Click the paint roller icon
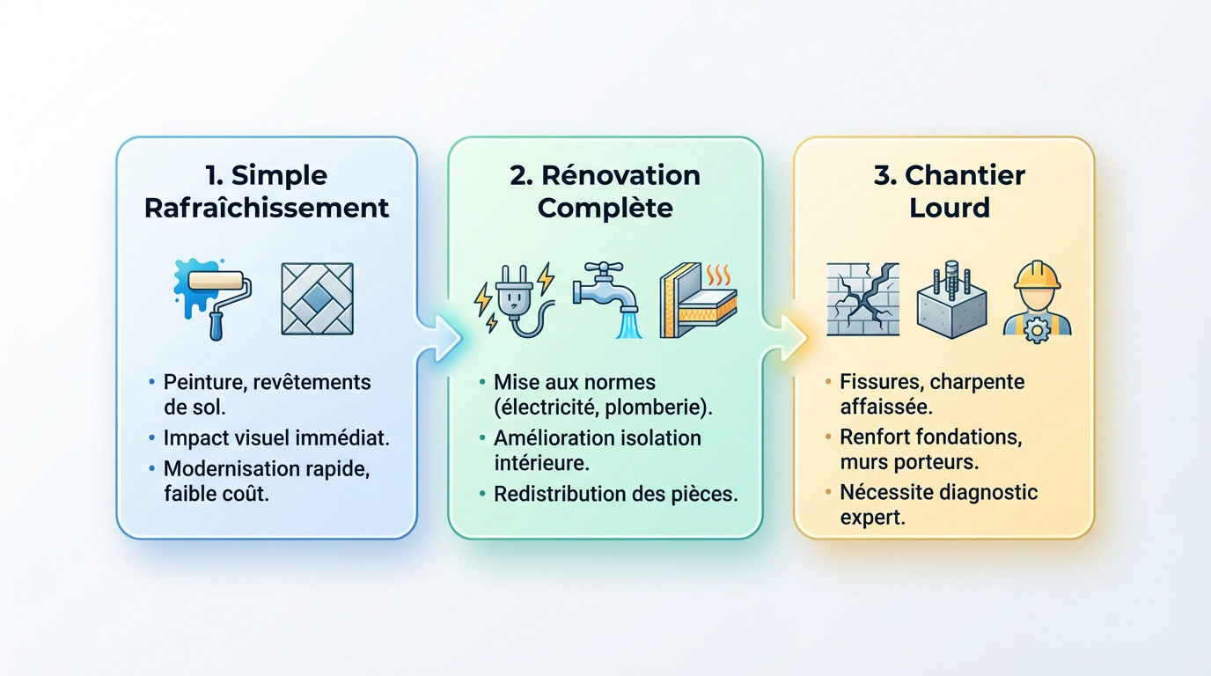pyautogui.click(x=215, y=298)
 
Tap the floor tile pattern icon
pyautogui.click(x=317, y=298)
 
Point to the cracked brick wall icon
pyautogui.click(x=862, y=298)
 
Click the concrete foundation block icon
pyautogui.click(x=950, y=300)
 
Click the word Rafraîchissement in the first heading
pyautogui.click(x=266, y=208)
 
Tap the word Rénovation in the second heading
pyautogui.click(x=620, y=174)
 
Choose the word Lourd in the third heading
pyautogui.click(x=950, y=208)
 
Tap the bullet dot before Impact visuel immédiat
pyautogui.click(x=152, y=437)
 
